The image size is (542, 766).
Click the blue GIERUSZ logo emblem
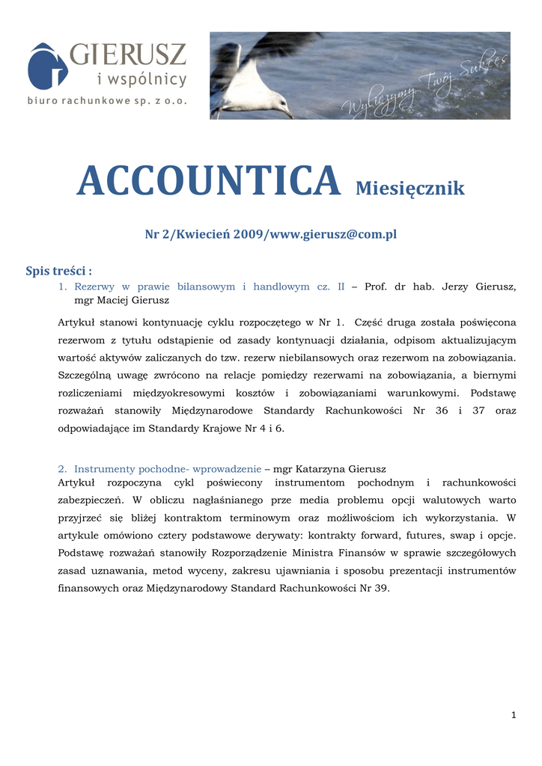point(47,65)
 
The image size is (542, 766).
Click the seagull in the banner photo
point(254,86)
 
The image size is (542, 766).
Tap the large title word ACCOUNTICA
point(208,182)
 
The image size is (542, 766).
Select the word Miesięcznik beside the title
point(409,189)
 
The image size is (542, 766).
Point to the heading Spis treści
point(59,271)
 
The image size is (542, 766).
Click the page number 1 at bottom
point(514,716)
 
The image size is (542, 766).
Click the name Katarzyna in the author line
point(326,469)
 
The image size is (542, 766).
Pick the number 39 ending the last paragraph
point(380,588)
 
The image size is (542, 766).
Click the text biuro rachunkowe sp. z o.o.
point(107,99)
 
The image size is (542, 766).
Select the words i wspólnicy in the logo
point(142,79)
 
